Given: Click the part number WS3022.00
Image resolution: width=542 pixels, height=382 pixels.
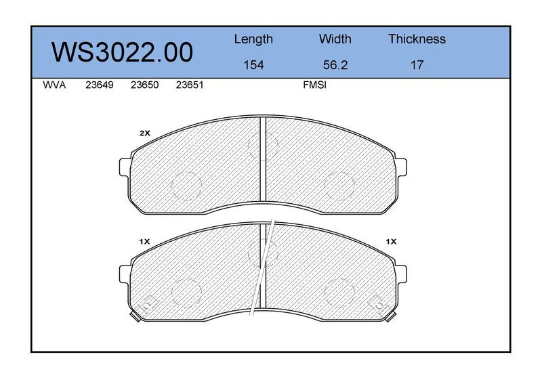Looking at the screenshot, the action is pyautogui.click(x=122, y=53).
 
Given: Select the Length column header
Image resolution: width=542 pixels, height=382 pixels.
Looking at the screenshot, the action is pyautogui.click(x=253, y=39).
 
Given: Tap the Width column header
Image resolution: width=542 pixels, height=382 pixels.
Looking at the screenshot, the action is pyautogui.click(x=335, y=39).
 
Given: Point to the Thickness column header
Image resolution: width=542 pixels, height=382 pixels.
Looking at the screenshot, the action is pyautogui.click(x=417, y=39).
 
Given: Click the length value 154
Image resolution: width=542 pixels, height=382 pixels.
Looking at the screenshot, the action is pyautogui.click(x=253, y=65).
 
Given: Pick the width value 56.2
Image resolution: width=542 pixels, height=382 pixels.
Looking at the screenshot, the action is pyautogui.click(x=335, y=65).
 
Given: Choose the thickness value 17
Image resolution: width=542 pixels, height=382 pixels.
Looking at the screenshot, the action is pyautogui.click(x=417, y=65).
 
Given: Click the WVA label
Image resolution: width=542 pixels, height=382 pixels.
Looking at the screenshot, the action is pyautogui.click(x=54, y=85).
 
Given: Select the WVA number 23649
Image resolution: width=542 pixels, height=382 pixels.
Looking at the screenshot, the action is pyautogui.click(x=99, y=85).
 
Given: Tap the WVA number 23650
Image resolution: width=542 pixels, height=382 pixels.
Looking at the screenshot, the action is pyautogui.click(x=144, y=85).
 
